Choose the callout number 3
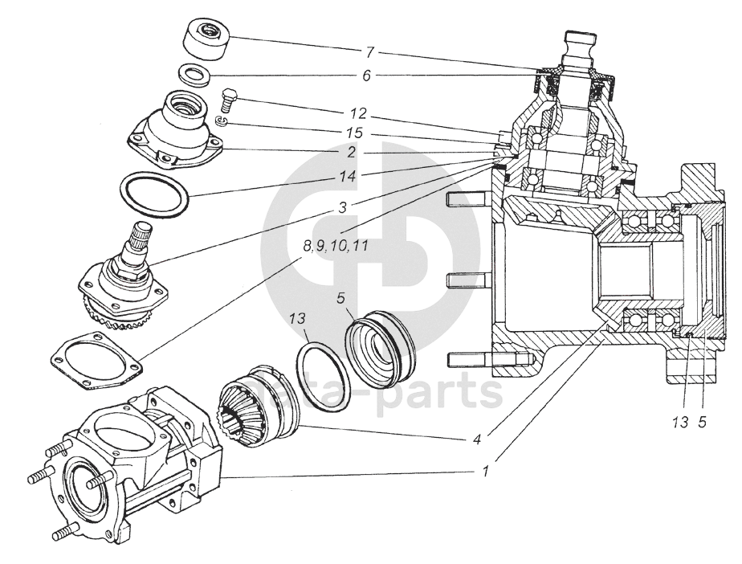(342, 207)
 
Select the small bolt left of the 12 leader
(229, 100)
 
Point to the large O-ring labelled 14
(154, 195)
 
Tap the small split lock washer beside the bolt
(222, 121)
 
